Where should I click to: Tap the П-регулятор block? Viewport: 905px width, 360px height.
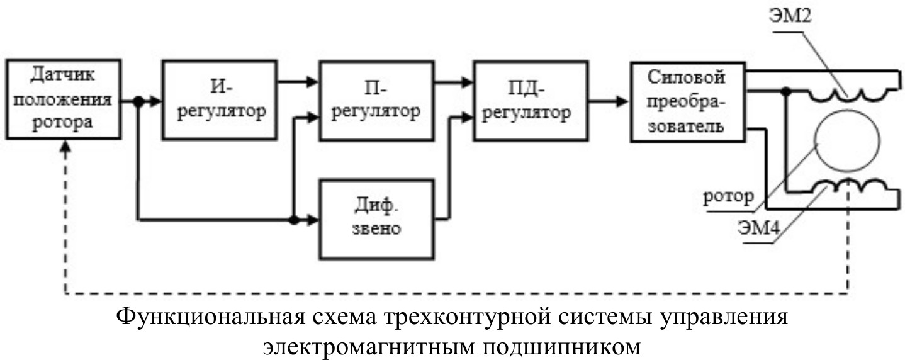[376, 100]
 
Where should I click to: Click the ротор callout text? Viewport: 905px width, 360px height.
[729, 196]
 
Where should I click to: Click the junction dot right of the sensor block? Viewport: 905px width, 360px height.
[137, 100]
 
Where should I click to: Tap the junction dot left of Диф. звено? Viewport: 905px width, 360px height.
[294, 220]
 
